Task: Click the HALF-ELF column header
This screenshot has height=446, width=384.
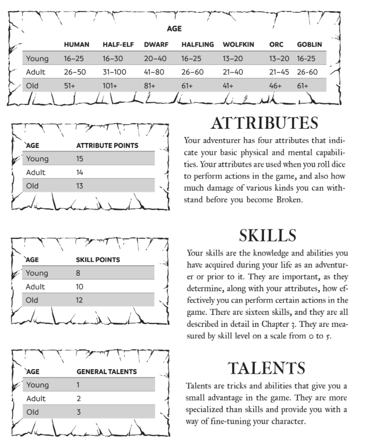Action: [x=118, y=44]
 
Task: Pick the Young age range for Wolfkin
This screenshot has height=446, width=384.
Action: [x=232, y=58]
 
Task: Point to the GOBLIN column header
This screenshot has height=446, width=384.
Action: [x=309, y=44]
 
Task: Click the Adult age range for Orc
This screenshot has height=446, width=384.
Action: [x=279, y=72]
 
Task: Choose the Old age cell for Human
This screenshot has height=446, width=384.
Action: [x=69, y=86]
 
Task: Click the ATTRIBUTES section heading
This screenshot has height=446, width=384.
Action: [x=264, y=124]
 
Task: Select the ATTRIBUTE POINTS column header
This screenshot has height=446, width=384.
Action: [x=107, y=145]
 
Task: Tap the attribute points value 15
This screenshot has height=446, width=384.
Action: [x=80, y=159]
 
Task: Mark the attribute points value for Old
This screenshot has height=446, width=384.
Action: [x=80, y=186]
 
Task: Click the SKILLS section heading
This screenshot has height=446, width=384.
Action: [x=268, y=236]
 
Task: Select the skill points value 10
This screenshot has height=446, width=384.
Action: [x=80, y=287]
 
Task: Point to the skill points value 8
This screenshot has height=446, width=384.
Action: [x=78, y=273]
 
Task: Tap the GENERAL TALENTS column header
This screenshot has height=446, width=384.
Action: [x=107, y=371]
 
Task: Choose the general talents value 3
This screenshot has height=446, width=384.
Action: [x=79, y=412]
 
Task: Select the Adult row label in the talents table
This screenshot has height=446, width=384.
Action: [x=36, y=399]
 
